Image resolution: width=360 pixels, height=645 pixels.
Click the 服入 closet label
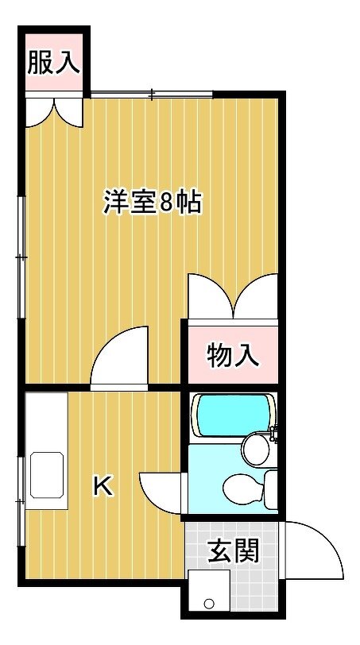[53, 63]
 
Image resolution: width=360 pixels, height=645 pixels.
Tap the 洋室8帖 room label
[153, 202]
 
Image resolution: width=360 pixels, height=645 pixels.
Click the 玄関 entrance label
[234, 550]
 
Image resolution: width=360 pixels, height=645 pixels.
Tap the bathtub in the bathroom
[233, 415]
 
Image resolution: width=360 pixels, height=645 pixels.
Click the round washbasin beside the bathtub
[256, 450]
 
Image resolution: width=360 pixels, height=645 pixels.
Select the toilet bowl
[243, 489]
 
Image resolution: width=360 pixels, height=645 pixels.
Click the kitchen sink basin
[47, 475]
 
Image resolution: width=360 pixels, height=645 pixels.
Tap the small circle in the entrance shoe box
[209, 604]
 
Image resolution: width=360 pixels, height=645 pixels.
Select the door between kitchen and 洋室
[119, 358]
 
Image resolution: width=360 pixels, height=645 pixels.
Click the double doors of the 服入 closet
[54, 111]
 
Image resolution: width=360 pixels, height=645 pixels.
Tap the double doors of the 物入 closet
[233, 295]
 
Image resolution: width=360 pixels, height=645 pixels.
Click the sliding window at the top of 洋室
[152, 95]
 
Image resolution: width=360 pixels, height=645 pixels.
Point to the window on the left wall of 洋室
[21, 257]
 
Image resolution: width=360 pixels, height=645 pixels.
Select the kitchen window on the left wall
[21, 501]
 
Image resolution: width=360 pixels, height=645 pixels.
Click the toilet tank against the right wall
[271, 489]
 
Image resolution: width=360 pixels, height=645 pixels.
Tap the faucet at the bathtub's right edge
[273, 434]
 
